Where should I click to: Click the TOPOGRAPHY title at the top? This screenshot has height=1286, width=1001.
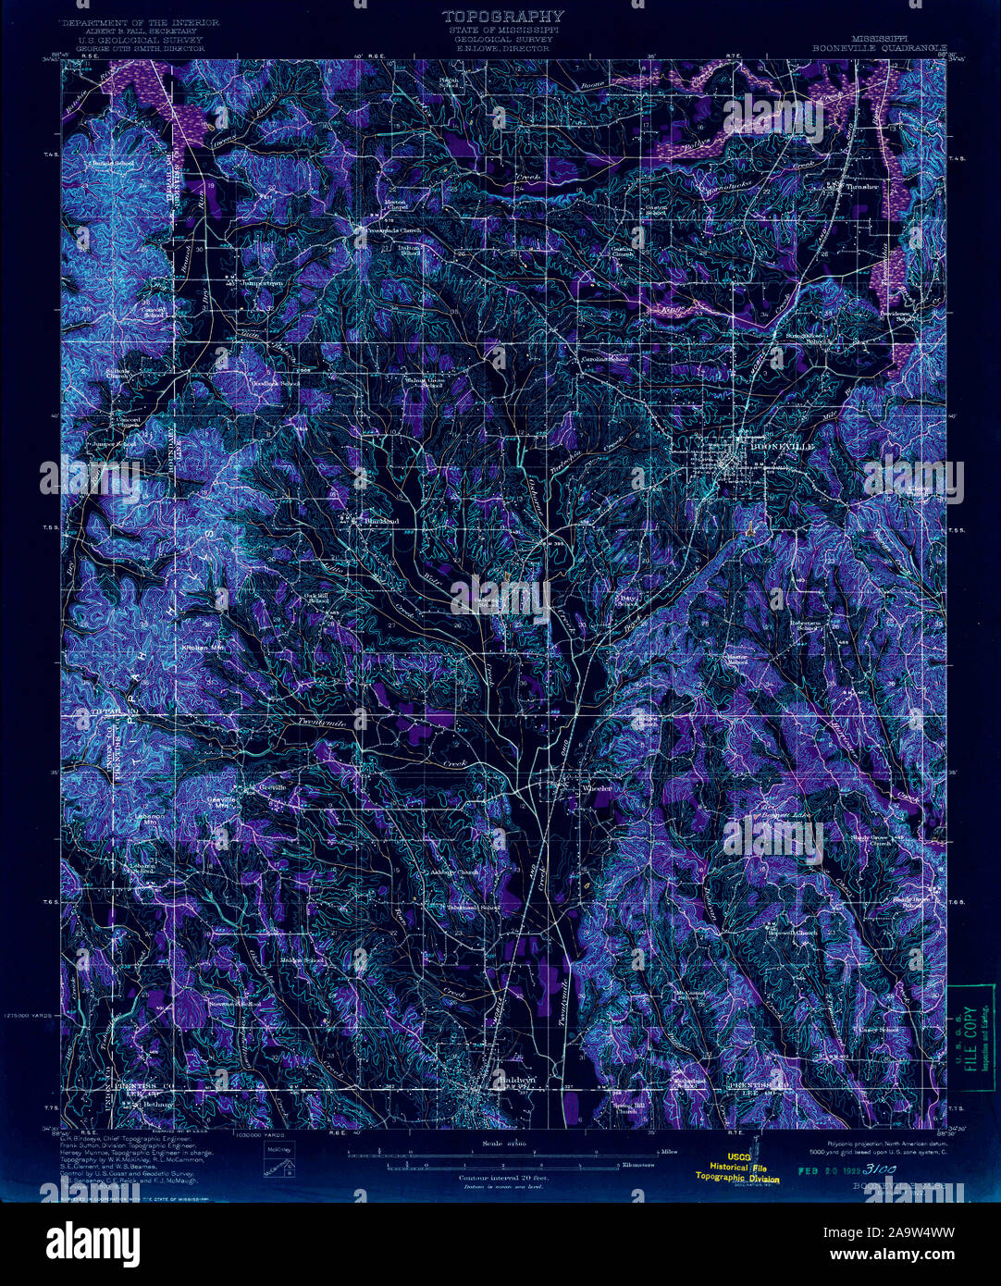click(502, 16)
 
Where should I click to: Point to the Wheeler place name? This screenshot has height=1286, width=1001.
click(597, 788)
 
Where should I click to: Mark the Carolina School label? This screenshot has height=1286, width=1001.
click(604, 359)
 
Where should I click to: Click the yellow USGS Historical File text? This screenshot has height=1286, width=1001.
click(737, 1169)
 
